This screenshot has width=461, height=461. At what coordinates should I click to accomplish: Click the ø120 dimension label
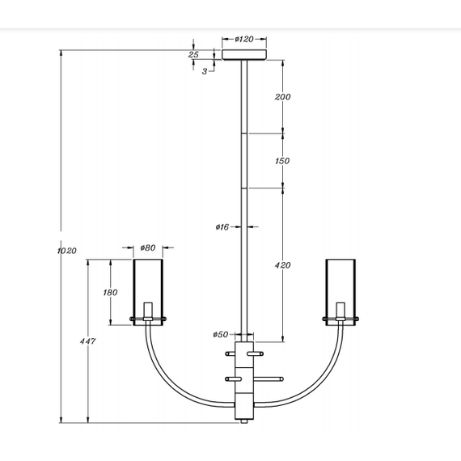(x=245, y=39)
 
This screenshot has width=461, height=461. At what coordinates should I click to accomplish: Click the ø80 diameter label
(x=148, y=247)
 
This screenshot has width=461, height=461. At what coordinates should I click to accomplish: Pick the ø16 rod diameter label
(x=223, y=227)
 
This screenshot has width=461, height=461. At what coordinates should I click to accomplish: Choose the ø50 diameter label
(x=220, y=334)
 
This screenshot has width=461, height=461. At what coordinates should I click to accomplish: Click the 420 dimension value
(x=282, y=265)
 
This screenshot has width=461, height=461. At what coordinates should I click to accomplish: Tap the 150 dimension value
(x=282, y=161)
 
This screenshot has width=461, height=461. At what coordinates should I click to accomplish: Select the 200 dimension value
(x=282, y=97)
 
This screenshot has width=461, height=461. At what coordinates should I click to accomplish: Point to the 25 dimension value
(x=193, y=55)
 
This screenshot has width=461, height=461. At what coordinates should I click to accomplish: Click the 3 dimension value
(x=205, y=71)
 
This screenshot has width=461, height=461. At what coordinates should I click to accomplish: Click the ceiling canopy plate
(x=245, y=55)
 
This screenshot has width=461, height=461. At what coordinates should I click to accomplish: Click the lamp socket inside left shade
(x=148, y=311)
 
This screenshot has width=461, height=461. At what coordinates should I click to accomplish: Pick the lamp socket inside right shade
(x=340, y=311)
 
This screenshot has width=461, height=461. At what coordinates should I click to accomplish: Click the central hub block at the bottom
(x=244, y=380)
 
